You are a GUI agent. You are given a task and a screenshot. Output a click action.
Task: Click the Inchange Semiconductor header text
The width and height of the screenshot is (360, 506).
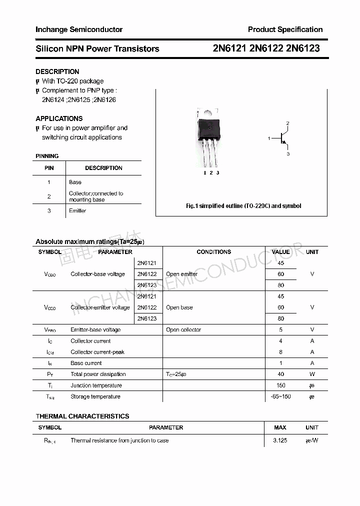click(79, 29)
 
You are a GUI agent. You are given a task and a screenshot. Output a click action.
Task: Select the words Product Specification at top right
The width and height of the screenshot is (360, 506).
click(285, 29)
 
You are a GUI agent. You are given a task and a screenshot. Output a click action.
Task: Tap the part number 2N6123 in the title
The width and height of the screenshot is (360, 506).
click(303, 48)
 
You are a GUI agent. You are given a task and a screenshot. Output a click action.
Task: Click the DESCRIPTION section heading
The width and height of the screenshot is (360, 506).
click(57, 71)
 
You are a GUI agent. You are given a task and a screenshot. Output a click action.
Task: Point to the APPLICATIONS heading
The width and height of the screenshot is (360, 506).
click(59, 118)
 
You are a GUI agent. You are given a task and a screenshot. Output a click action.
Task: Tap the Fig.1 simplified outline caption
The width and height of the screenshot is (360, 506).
click(243, 206)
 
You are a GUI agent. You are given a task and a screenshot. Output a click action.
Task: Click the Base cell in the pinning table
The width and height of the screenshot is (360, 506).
click(75, 182)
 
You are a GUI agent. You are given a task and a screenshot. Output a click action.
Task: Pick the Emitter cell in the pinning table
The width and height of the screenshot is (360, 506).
click(77, 210)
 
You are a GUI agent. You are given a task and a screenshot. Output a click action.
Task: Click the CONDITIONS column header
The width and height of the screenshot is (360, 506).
click(213, 252)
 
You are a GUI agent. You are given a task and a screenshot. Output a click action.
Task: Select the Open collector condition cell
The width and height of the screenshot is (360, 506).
click(183, 329)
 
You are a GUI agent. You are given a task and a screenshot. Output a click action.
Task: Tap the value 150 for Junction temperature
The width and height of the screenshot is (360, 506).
click(280, 385)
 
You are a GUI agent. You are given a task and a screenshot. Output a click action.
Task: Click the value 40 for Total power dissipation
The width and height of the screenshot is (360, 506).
click(280, 374)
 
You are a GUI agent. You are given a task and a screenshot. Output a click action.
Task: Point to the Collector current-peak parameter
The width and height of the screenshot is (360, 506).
click(97, 352)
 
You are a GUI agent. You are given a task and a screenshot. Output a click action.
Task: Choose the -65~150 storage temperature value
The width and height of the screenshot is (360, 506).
click(280, 396)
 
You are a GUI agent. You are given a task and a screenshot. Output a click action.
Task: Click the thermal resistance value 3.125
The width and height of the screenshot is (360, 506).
click(280, 440)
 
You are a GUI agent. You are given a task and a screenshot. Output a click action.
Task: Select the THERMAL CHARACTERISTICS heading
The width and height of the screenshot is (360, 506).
click(82, 416)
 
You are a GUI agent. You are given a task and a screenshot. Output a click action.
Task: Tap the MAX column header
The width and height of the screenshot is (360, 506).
click(280, 427)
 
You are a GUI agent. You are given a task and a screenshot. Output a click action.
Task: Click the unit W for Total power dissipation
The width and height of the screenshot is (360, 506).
click(312, 374)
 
